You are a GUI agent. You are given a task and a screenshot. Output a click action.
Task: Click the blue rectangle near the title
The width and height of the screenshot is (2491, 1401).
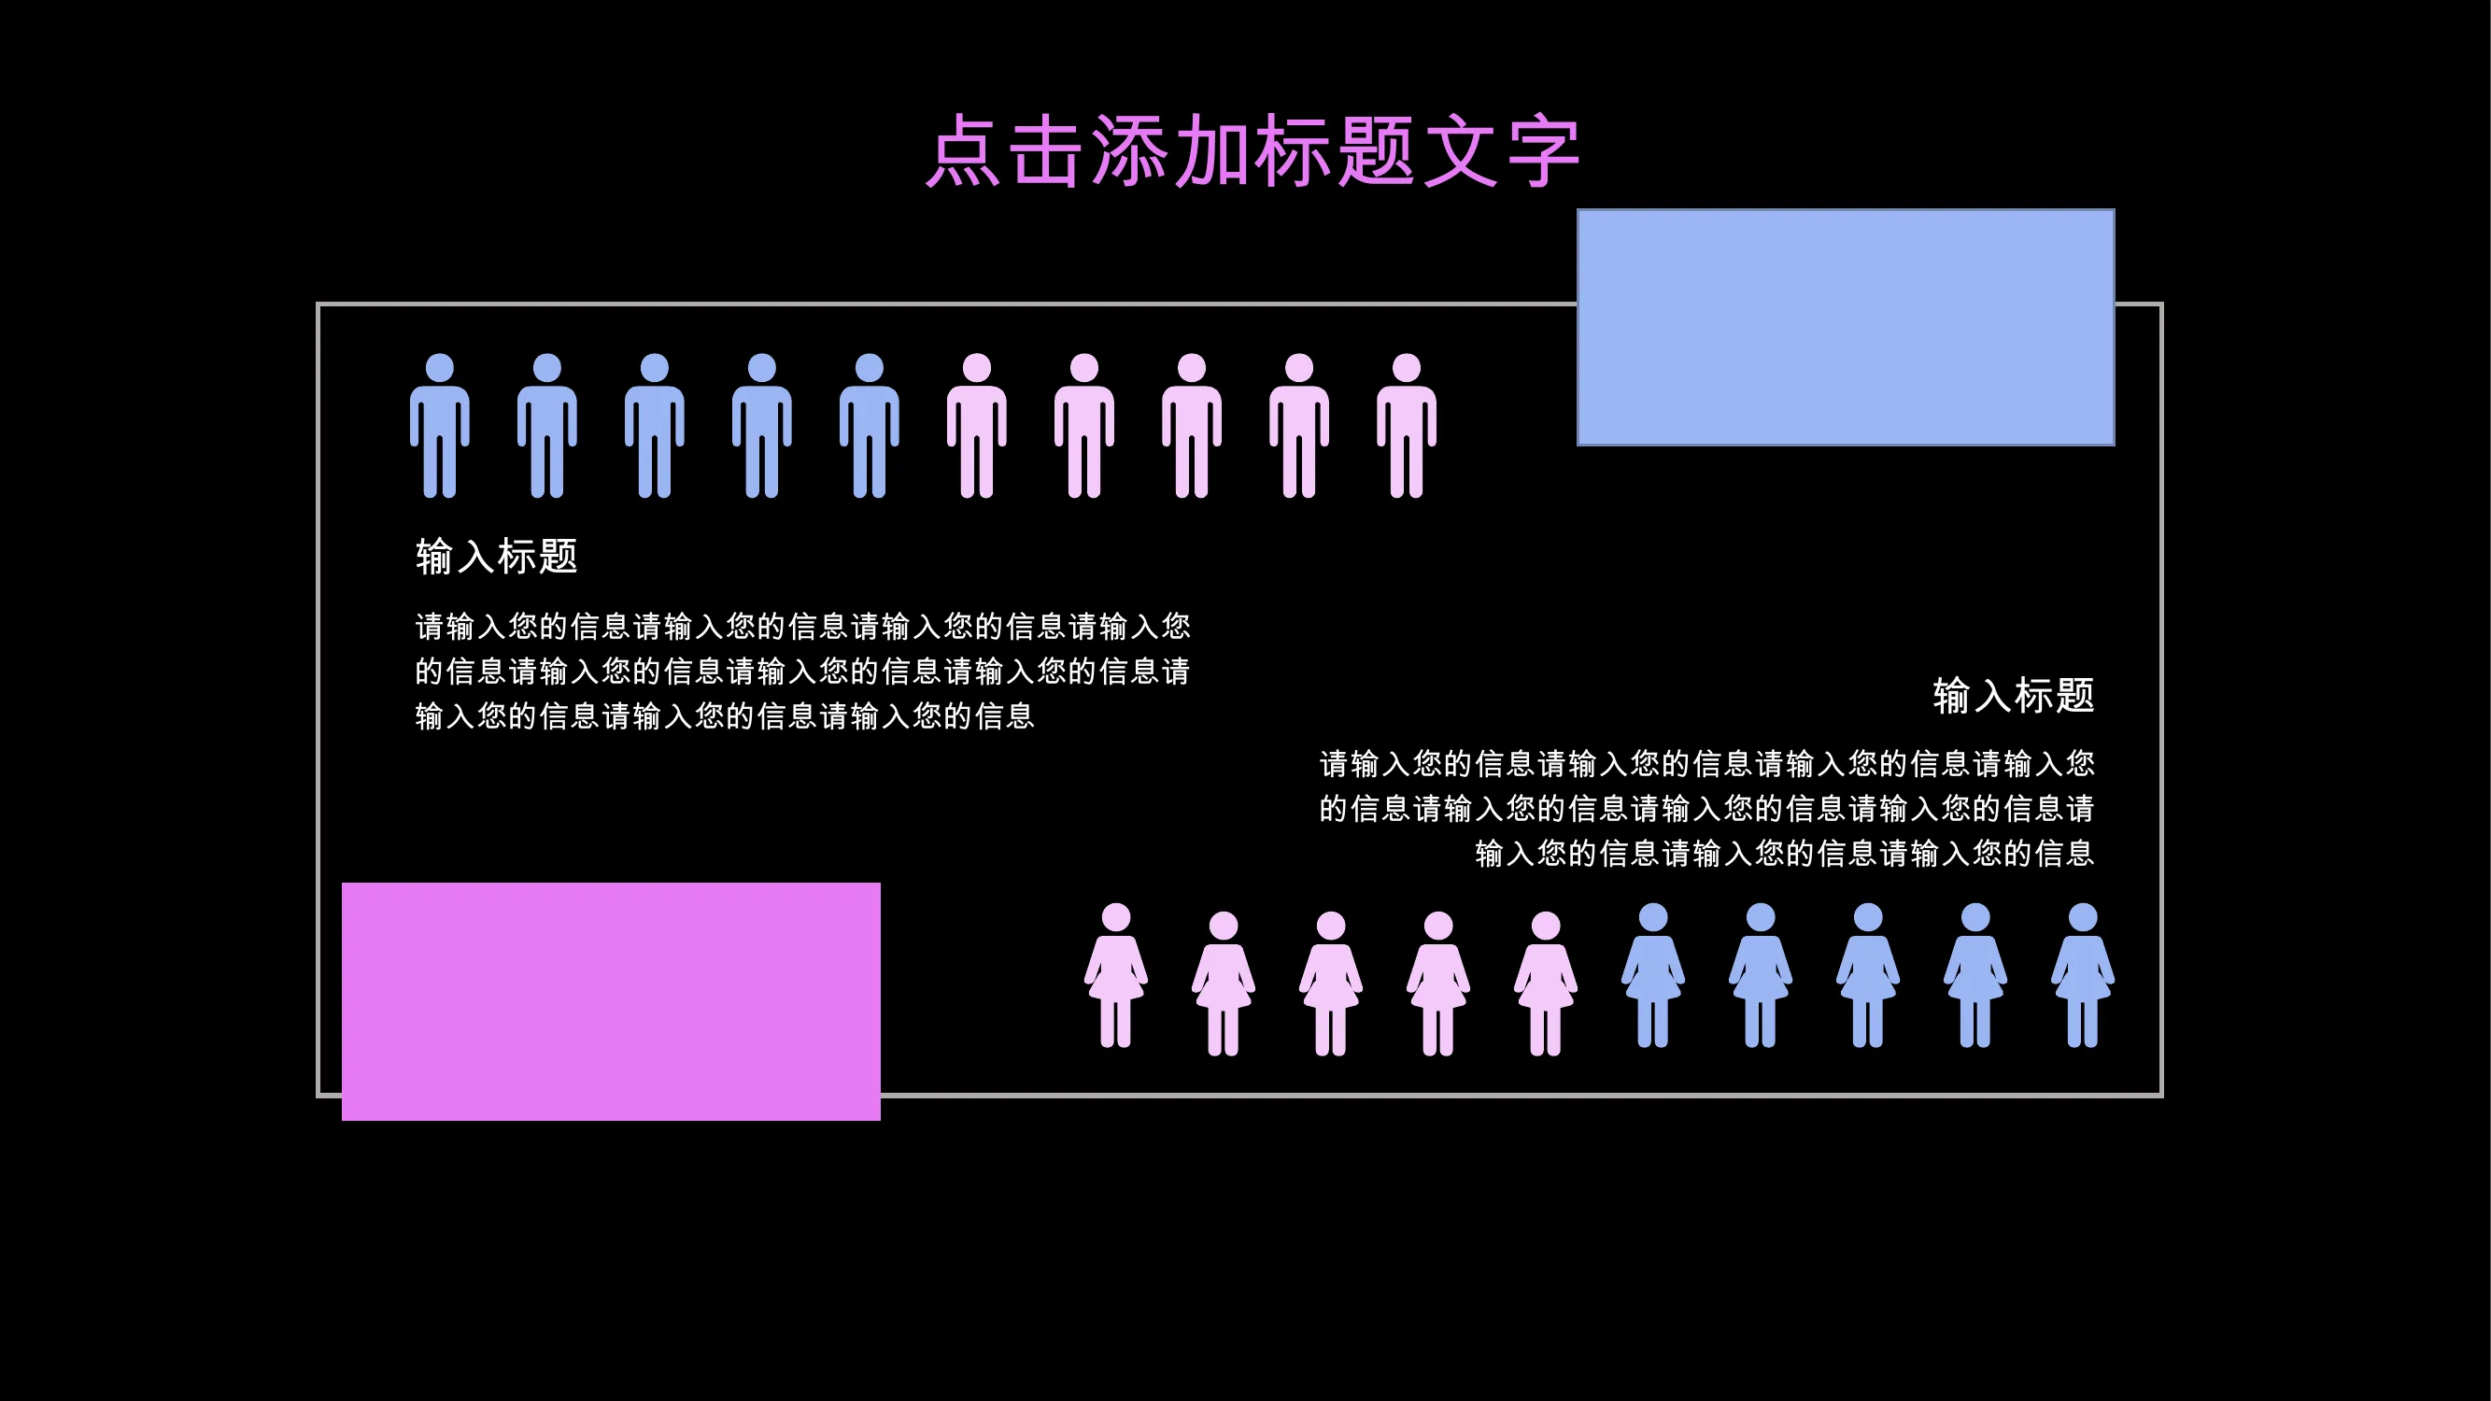(x=1845, y=327)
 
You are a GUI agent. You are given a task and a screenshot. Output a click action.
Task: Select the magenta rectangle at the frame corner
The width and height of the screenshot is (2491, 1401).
(x=610, y=1000)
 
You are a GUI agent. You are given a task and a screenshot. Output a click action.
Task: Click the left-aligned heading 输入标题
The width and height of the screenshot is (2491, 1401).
(x=496, y=557)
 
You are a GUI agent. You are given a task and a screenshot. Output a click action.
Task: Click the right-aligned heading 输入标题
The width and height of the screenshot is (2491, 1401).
(x=2014, y=696)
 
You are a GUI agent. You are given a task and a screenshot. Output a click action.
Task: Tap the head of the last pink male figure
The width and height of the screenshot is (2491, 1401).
(x=1406, y=367)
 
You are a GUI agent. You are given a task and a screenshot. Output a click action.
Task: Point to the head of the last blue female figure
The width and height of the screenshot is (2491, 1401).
(x=2082, y=916)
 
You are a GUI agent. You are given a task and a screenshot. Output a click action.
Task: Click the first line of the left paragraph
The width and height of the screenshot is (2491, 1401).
(x=802, y=627)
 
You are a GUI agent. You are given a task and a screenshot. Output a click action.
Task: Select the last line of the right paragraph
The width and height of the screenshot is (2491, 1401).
(x=1784, y=853)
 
